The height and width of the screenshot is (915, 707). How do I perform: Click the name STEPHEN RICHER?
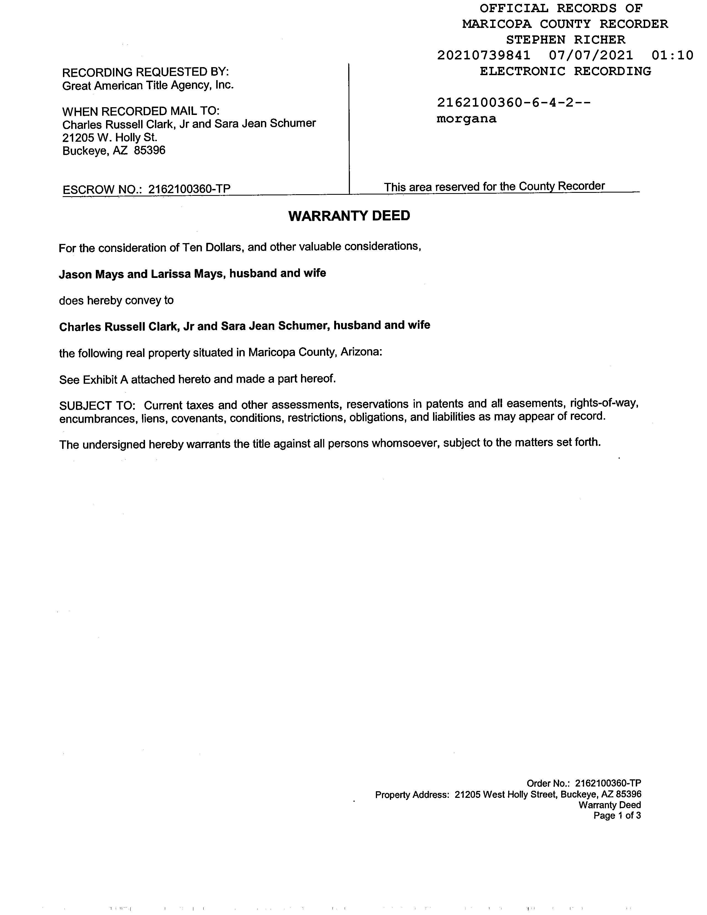pos(565,40)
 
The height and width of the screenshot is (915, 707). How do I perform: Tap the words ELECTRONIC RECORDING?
pos(565,71)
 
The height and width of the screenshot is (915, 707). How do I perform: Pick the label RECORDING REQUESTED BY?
pos(145,72)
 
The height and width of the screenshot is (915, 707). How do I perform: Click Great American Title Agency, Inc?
pos(148,85)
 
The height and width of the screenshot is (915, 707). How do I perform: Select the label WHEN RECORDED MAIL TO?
pos(141,111)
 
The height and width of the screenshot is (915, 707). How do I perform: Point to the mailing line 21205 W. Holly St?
pos(110,137)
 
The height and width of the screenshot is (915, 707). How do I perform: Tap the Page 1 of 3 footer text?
pos(617,815)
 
